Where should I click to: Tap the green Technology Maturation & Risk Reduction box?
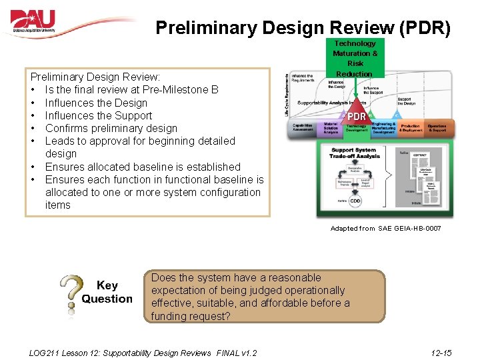click(x=355, y=59)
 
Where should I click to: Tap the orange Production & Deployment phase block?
click(x=410, y=128)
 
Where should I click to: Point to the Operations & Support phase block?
click(x=437, y=128)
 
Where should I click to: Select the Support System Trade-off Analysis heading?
click(x=356, y=153)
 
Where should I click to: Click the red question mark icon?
click(x=71, y=294)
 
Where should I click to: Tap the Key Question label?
click(x=107, y=292)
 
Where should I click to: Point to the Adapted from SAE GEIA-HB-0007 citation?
click(x=385, y=229)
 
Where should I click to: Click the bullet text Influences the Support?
click(x=98, y=115)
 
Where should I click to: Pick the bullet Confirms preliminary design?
click(x=111, y=128)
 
